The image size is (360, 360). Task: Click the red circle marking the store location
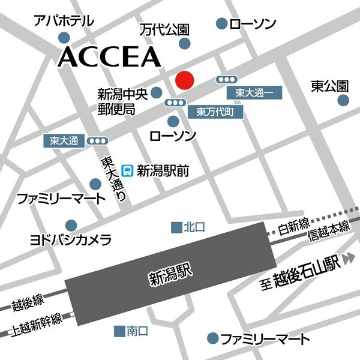click(184, 80)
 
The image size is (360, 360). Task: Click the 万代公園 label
click(165, 29)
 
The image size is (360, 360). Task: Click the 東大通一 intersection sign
click(254, 93)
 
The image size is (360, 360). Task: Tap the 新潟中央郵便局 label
click(121, 101)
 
